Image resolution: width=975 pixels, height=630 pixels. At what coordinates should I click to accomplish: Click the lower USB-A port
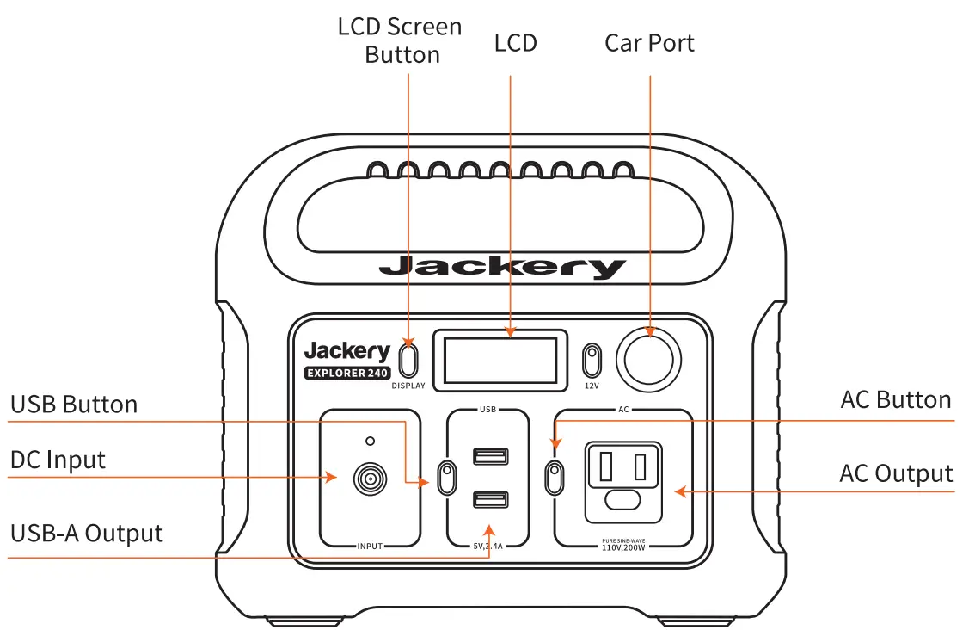click(489, 499)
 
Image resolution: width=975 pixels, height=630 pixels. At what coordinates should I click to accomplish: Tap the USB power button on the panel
click(447, 477)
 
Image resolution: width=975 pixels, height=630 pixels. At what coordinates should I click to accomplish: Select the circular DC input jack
click(371, 479)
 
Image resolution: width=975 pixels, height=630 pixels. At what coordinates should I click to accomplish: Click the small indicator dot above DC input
click(371, 441)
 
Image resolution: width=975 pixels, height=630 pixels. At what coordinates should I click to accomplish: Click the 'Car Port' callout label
click(649, 43)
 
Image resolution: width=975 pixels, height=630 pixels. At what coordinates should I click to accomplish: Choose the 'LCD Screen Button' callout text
click(401, 40)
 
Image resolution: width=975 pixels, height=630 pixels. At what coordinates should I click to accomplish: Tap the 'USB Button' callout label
click(74, 405)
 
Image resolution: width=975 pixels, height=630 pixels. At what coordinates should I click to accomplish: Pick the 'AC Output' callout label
click(896, 474)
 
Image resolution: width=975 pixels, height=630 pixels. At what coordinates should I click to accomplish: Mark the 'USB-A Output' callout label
click(87, 534)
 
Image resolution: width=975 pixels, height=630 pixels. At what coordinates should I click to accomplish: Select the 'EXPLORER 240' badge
click(347, 374)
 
